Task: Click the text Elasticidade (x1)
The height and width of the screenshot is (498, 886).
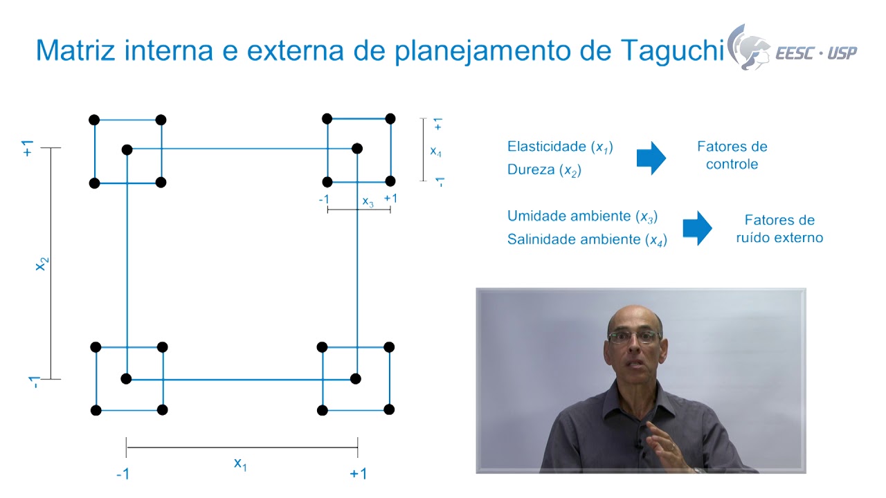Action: pos(560,147)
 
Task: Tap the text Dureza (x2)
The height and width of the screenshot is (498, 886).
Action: pos(544,170)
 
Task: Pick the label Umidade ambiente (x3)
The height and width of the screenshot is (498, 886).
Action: pos(582,216)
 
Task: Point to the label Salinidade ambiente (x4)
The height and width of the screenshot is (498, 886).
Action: pos(587,240)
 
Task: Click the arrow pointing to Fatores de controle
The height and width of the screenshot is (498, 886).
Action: pos(651,158)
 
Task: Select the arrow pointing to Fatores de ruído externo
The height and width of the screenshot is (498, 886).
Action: pos(697,228)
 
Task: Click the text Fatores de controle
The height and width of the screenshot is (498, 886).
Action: pos(732,156)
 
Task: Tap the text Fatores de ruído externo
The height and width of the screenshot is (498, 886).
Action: pos(779,229)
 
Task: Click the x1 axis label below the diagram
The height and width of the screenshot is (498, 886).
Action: pos(240,464)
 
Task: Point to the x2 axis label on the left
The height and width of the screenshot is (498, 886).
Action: pos(42,264)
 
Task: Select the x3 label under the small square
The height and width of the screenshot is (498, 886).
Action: pos(368,203)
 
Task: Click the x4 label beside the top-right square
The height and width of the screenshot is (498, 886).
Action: pos(435,151)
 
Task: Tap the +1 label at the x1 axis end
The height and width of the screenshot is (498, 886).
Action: pos(358,474)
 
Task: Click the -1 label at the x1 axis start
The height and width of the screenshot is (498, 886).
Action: pos(123,474)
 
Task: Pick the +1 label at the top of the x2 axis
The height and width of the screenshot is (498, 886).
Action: pos(28,148)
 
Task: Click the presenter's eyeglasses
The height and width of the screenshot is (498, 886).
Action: pos(635,337)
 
